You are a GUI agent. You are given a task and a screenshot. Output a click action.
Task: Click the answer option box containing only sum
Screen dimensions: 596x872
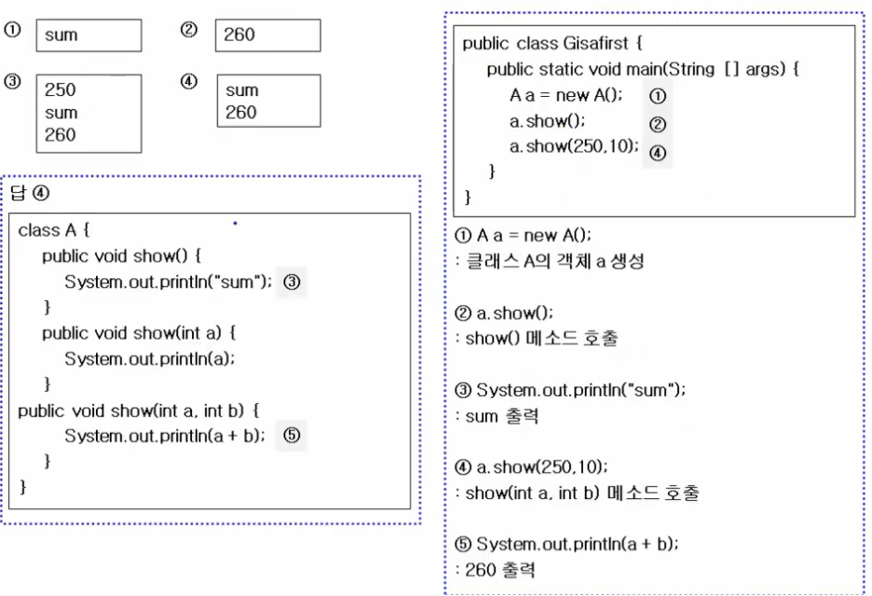point(89,35)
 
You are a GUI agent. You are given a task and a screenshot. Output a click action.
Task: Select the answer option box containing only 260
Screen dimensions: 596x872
point(267,35)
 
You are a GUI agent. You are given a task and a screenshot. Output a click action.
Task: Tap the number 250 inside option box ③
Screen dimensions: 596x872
point(61,90)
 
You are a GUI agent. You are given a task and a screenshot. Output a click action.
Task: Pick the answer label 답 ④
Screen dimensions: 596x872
point(30,194)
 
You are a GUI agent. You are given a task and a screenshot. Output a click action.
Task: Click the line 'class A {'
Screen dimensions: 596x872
point(53,230)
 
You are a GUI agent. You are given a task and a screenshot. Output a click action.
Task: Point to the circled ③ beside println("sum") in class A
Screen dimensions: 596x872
point(292,282)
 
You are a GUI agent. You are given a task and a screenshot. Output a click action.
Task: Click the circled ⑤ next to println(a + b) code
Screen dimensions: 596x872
point(292,435)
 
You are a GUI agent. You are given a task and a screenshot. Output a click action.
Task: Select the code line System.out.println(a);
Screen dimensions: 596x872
point(150,359)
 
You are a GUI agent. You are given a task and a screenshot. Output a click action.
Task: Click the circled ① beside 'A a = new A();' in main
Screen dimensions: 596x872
point(658,96)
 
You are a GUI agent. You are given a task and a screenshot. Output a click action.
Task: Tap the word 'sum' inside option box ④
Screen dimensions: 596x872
point(242,90)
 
